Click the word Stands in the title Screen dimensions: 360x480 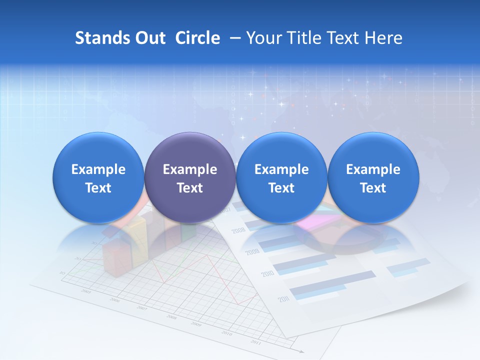click(x=101, y=38)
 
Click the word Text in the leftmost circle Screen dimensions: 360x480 click(x=98, y=188)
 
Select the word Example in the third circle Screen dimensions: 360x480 click(x=281, y=169)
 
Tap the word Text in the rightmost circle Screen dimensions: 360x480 click(x=373, y=188)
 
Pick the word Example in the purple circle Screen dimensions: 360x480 click(x=190, y=169)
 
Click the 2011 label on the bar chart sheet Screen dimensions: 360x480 click(x=284, y=299)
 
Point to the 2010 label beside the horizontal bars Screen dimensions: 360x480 click(x=267, y=274)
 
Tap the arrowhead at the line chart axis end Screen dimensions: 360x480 click(x=301, y=351)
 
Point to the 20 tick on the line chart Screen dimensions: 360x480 click(x=77, y=258)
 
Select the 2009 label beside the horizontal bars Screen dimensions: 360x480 click(x=252, y=252)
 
